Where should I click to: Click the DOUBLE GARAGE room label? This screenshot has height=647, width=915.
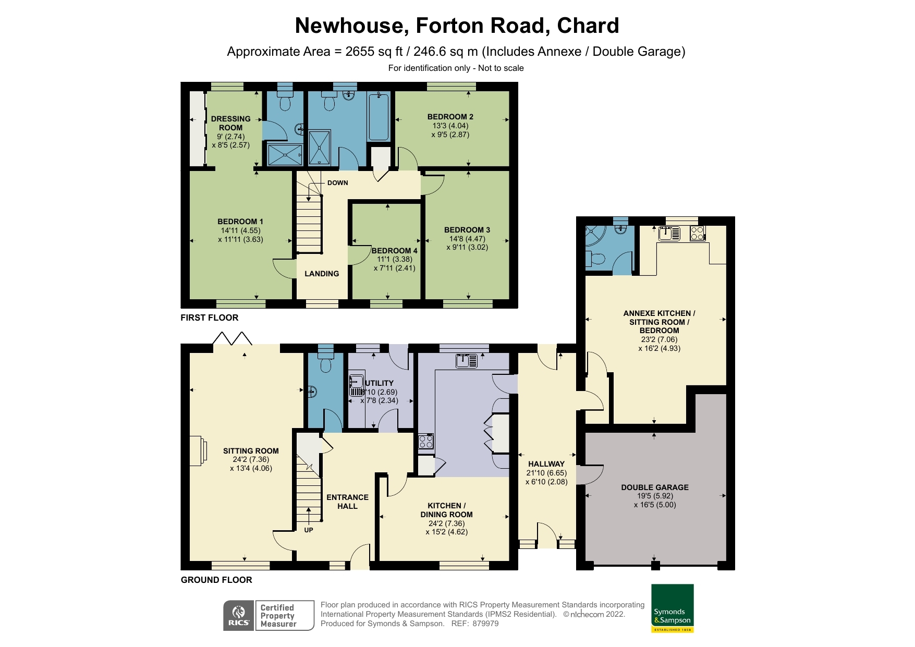coord(654,487)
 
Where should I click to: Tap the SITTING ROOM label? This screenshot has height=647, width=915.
coord(251,451)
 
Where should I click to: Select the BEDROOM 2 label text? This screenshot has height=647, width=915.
coord(450,117)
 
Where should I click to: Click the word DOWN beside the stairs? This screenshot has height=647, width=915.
coord(337,183)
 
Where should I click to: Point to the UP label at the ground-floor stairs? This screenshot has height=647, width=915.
coord(309,530)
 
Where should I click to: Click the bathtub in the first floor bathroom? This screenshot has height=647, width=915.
coord(379,117)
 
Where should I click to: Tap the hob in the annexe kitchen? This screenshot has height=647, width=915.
coord(698,233)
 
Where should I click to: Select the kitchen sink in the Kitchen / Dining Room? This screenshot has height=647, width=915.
coord(466,361)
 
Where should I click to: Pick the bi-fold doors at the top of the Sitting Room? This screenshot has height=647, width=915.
coord(233,338)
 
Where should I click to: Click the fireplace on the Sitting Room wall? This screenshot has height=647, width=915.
coord(198,450)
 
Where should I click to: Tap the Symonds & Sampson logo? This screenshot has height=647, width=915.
coord(672,608)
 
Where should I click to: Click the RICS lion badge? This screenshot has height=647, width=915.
coord(239,616)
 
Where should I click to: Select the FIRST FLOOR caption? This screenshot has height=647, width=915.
coord(209,318)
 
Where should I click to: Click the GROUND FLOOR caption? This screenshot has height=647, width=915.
coord(216,580)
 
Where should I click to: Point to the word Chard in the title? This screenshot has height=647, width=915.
coord(588,26)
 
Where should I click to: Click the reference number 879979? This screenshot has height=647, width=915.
coord(485,624)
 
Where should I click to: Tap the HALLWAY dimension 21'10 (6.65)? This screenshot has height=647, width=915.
coord(546,473)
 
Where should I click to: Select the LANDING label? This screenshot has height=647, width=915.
coord(322,274)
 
